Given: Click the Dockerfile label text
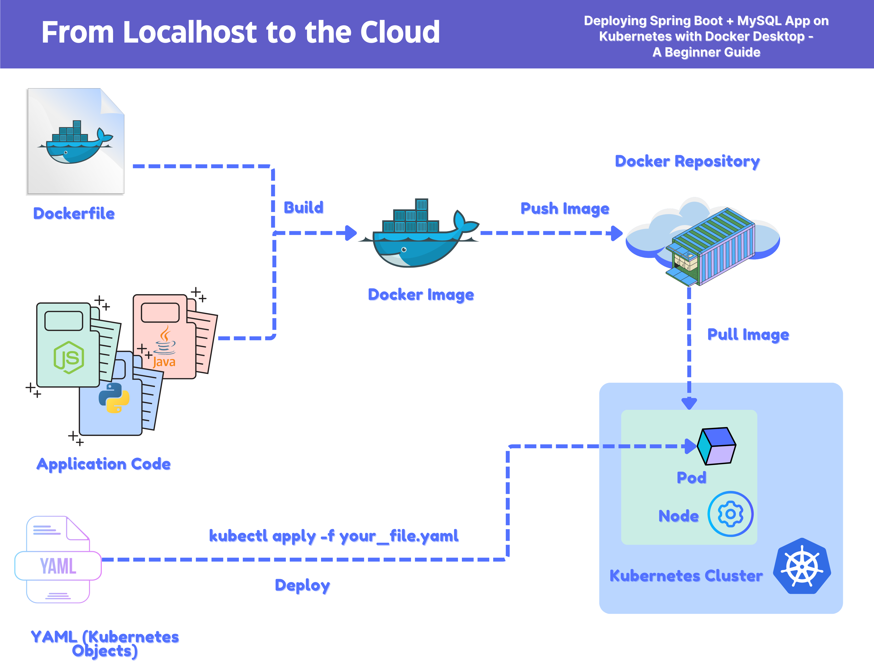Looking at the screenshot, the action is pos(74,214).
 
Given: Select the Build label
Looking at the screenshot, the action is pos(304,207).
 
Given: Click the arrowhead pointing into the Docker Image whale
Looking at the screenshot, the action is pos(351,233).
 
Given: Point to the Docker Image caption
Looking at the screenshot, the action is pos(421,295).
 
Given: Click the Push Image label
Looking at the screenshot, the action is pos(565,209).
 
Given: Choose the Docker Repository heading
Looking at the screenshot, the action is pos(687,161).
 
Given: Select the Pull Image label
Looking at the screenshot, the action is pos(748,334).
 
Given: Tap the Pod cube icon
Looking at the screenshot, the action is pos(716,446).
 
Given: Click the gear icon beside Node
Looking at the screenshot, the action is pos(731,514).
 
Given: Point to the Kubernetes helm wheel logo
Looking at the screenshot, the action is pos(802,566).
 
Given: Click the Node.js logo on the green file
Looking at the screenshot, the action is pos(69,358).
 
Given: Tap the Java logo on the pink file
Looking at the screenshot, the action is pos(164,347).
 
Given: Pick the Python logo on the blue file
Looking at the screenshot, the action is pos(114,398).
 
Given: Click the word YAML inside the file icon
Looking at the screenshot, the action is pos(58,566).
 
